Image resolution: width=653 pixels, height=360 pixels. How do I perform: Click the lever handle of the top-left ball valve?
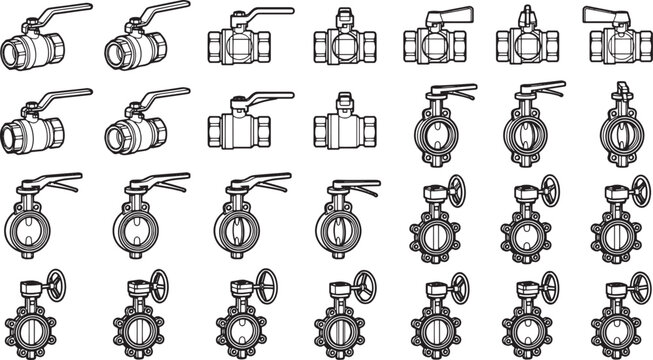coord(65,13)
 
